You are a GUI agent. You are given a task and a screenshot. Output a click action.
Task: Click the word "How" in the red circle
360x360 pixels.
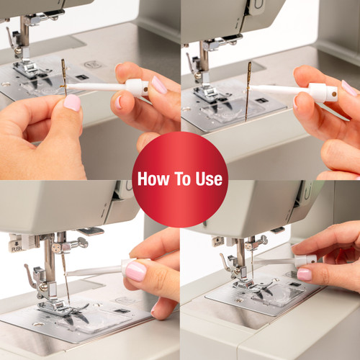coord(153,179)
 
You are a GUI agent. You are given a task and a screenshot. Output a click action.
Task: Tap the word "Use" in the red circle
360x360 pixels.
coord(209,179)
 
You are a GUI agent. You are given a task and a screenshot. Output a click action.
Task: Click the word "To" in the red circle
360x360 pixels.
coord(182,179)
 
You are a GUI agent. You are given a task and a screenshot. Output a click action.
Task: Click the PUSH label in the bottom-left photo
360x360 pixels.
coord(17,248)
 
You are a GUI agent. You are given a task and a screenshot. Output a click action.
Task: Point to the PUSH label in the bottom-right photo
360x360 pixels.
coord(218,243)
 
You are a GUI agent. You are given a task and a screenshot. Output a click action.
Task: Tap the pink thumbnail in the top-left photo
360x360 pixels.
coord(72,102)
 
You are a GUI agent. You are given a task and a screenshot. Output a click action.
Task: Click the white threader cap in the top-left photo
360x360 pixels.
coord(137,87)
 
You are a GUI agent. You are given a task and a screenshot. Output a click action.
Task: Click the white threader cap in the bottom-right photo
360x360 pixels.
coord(305,261)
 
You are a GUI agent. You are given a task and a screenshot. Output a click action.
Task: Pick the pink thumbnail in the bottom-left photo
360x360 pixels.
coord(136,271)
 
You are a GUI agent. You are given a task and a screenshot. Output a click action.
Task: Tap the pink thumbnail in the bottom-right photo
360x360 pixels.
coord(305,274)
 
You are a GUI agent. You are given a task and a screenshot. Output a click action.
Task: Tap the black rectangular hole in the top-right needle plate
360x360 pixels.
coord(261,100)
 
